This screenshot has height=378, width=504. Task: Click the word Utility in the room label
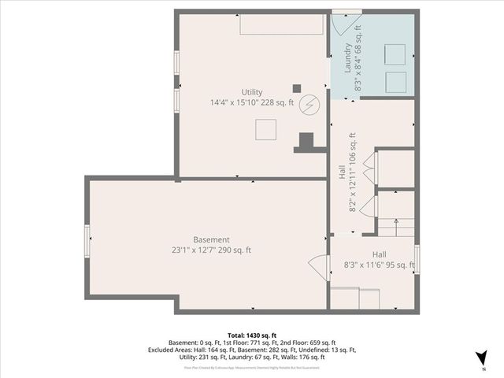(252, 92)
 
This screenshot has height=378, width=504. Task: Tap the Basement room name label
(212, 239)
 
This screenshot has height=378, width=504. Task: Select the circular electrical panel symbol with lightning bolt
(311, 104)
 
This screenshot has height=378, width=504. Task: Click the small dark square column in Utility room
(297, 88)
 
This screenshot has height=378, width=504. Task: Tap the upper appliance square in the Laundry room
(395, 54)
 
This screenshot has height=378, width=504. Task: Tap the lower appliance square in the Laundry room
(395, 81)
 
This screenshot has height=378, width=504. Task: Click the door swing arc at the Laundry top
(339, 24)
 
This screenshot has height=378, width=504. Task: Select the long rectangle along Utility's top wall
(281, 24)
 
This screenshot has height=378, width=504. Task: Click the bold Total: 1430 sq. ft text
(252, 335)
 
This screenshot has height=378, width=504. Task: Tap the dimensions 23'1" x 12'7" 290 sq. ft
(212, 250)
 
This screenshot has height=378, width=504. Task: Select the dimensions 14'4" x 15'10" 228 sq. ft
(252, 102)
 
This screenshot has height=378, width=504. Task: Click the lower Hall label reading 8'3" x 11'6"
(379, 265)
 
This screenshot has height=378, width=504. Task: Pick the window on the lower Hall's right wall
(417, 259)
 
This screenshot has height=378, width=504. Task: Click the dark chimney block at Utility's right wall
(304, 143)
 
